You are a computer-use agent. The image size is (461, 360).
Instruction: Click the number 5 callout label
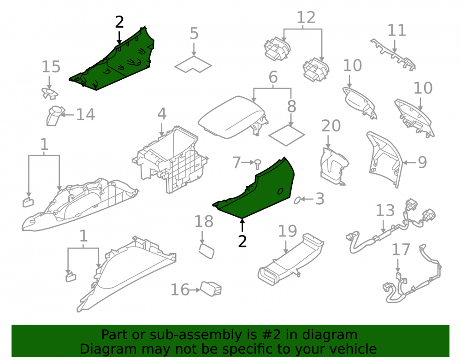[194, 34]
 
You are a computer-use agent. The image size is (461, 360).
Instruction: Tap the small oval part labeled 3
[297, 200]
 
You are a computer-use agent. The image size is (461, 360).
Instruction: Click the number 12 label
[306, 18]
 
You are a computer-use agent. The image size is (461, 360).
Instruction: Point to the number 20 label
[331, 126]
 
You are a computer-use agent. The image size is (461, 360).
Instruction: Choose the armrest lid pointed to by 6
[232, 117]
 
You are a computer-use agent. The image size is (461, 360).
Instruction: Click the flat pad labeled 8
[286, 136]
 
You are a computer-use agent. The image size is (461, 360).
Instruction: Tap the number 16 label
[180, 290]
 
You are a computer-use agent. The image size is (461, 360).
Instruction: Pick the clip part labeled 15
[49, 94]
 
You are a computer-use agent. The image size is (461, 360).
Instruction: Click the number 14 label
[86, 114]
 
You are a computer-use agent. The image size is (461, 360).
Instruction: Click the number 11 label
[397, 30]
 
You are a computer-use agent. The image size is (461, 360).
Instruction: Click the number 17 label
[401, 250]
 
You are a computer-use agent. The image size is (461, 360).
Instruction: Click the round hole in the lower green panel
[280, 191]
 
